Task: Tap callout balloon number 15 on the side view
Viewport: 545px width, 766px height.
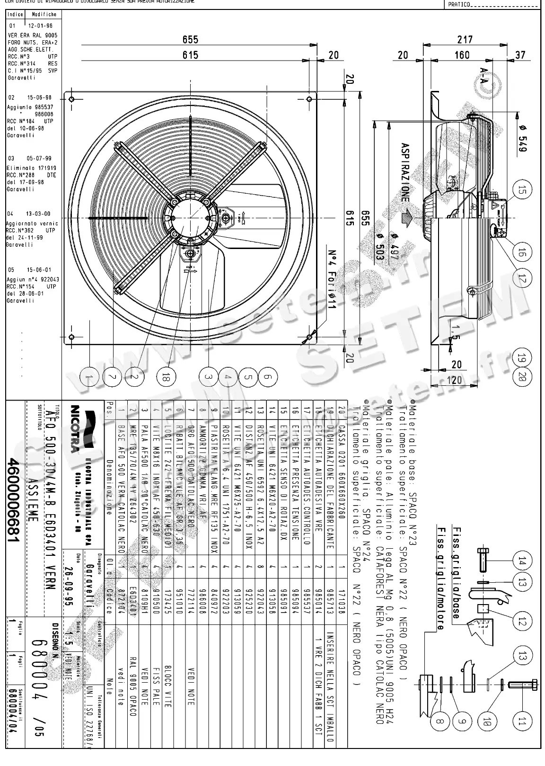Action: click(522, 190)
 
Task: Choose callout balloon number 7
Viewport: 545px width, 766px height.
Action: click(112, 377)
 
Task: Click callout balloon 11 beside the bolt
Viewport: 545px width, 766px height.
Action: click(522, 721)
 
